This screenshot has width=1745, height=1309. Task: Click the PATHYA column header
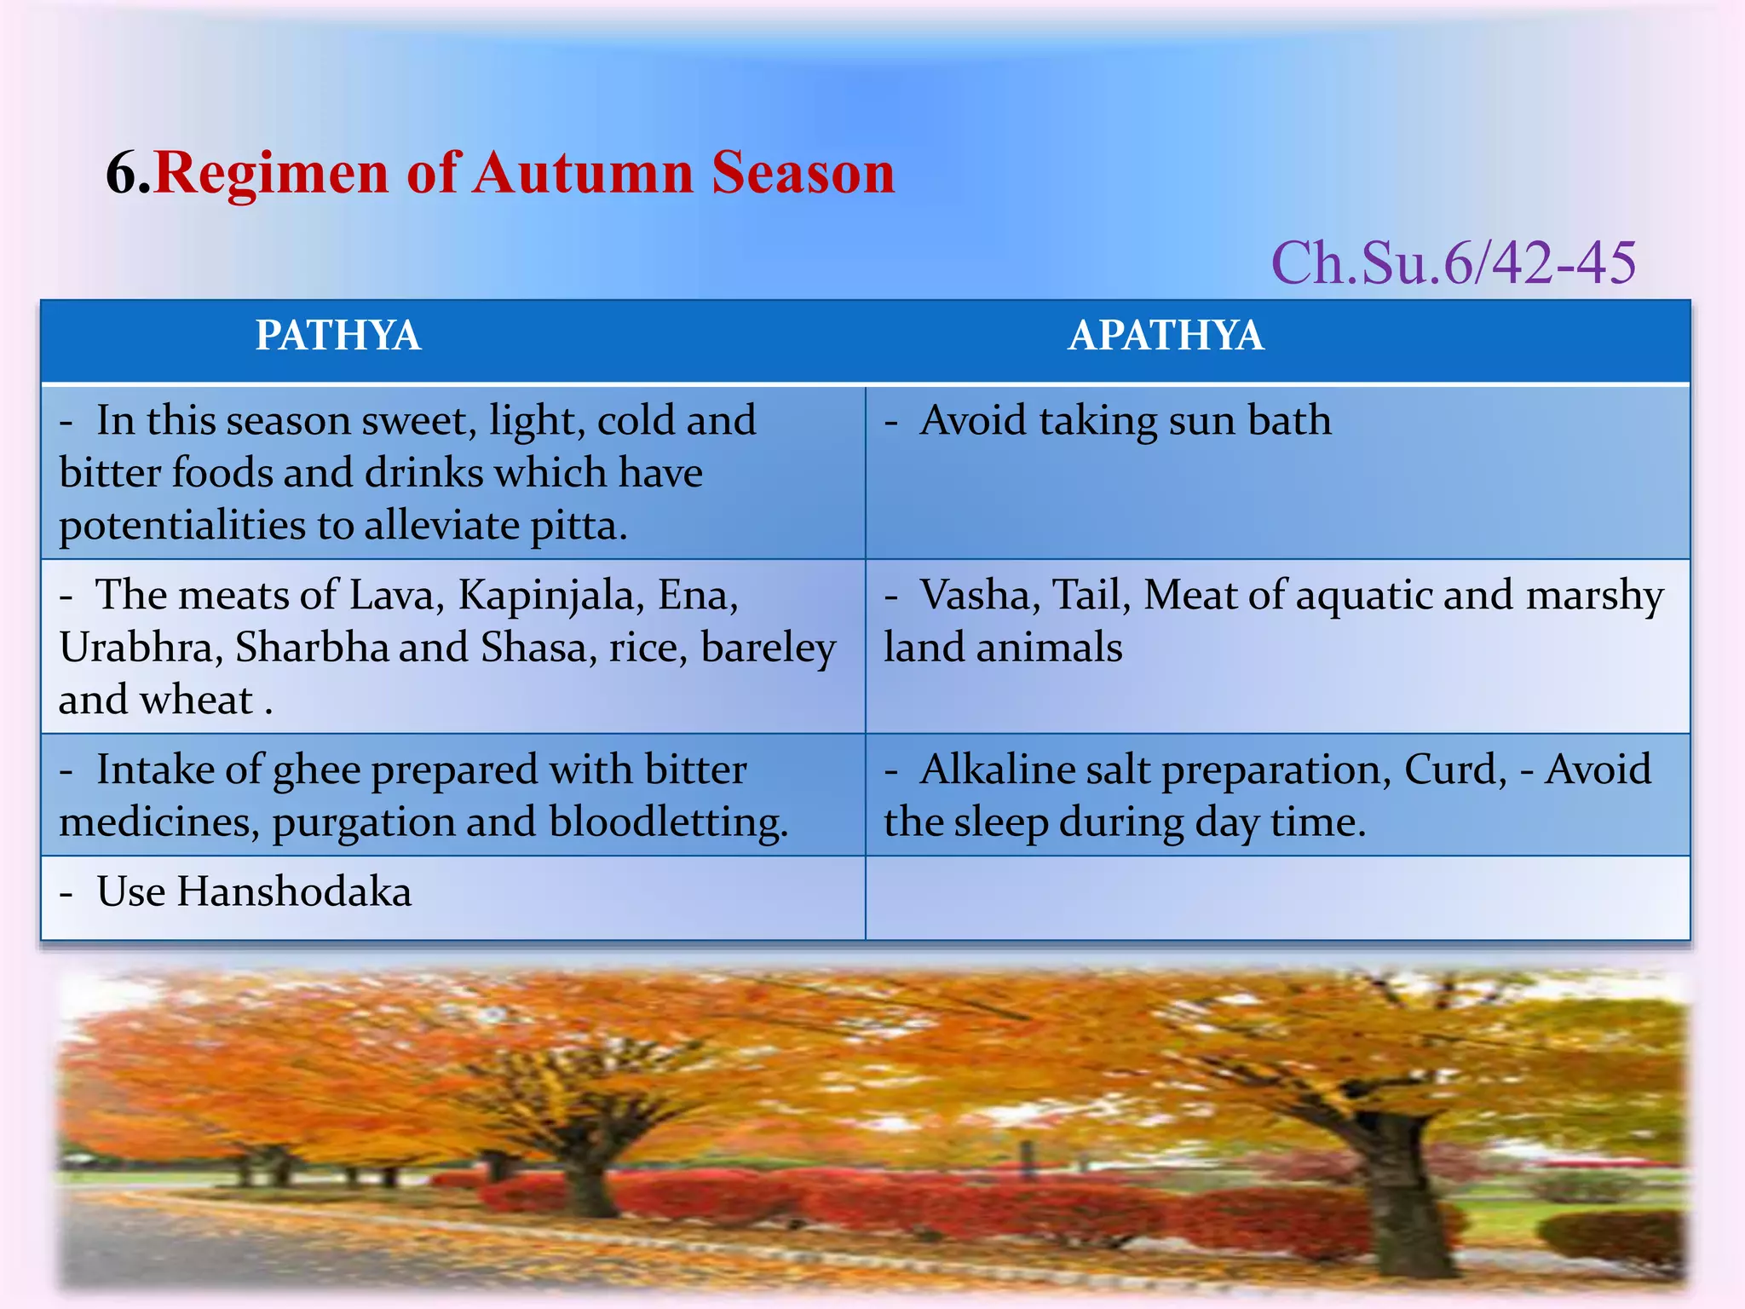pos(338,336)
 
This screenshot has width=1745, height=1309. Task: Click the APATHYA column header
pos(1166,336)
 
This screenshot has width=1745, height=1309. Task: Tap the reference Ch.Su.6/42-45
pos(1453,263)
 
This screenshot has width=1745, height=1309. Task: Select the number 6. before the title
pos(128,173)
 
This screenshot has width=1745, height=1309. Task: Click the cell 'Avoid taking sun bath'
pos(1125,421)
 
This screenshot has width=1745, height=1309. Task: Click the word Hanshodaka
pos(294,892)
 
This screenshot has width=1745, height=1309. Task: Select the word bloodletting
pos(668,822)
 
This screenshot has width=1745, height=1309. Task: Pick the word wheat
pos(197,701)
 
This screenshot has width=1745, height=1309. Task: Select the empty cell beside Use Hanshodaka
pos(1276,897)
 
